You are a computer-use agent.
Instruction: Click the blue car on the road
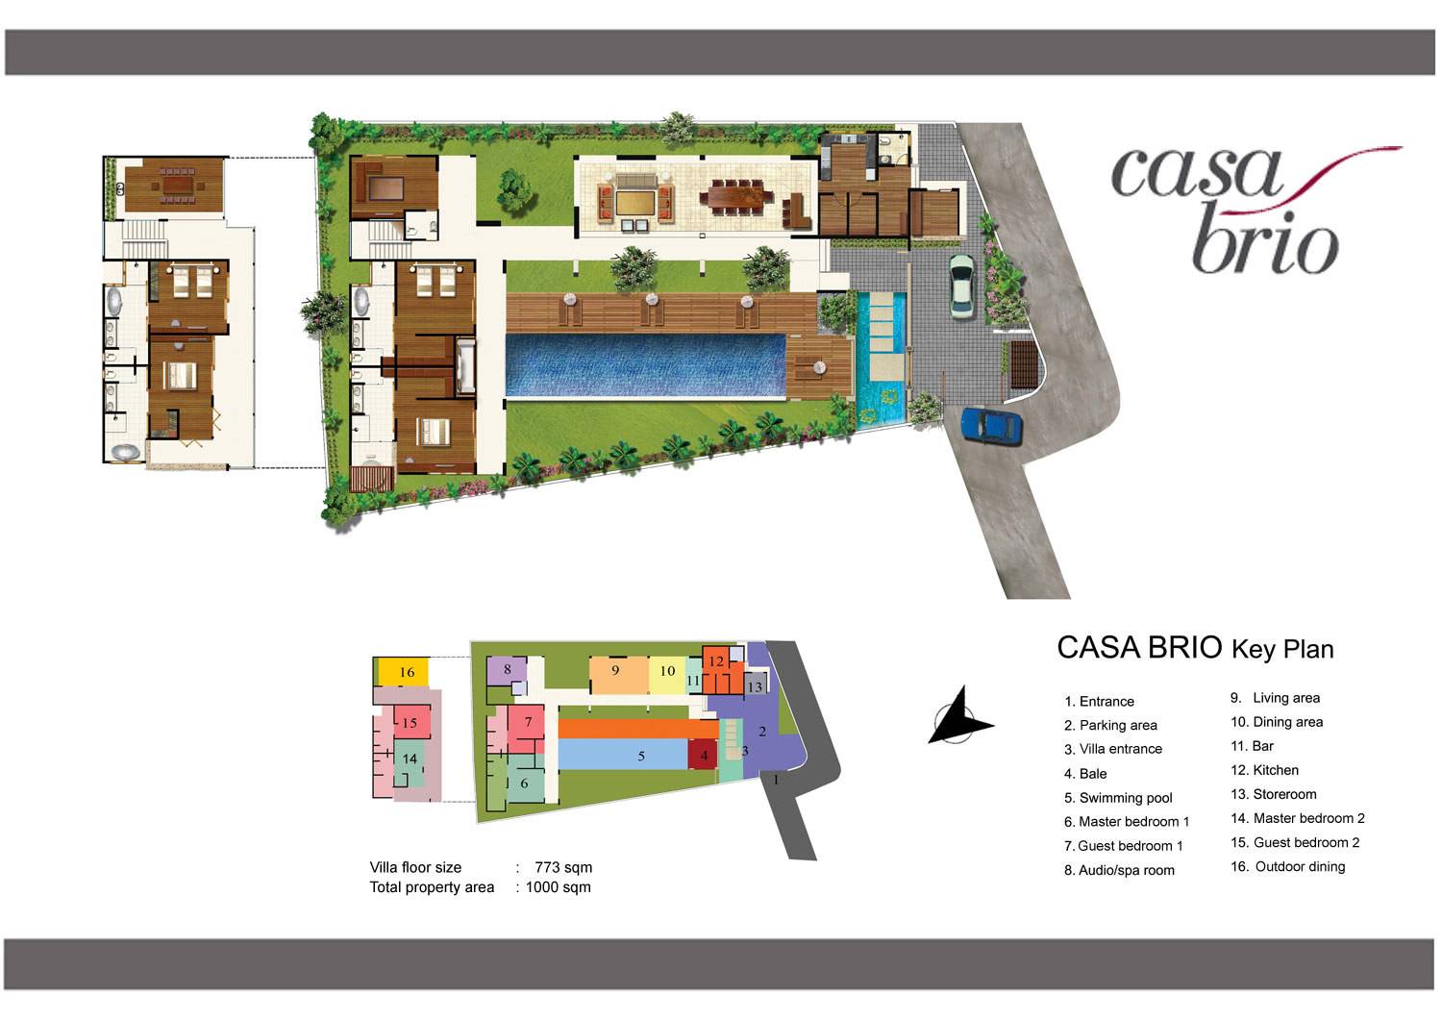click(991, 426)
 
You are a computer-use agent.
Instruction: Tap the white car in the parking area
click(961, 286)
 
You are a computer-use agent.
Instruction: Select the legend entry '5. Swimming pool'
click(1118, 798)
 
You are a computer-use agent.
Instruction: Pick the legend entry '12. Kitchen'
click(1264, 770)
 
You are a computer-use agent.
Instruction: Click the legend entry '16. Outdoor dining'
click(1287, 867)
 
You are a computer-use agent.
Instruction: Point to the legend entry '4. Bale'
click(1085, 773)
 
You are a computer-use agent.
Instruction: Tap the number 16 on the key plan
click(407, 672)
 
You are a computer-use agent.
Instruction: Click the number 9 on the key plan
click(615, 670)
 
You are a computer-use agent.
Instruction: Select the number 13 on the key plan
click(755, 686)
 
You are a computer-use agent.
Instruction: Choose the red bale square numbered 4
click(703, 755)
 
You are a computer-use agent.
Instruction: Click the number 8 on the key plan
click(508, 669)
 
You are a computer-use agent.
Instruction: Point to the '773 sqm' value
click(563, 867)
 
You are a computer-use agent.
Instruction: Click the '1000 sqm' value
click(559, 887)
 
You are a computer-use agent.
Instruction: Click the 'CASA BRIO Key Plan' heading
click(1195, 648)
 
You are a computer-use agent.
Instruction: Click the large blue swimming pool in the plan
click(646, 365)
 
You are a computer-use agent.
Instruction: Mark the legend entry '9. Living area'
click(1275, 698)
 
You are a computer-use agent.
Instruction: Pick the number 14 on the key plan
click(410, 759)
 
